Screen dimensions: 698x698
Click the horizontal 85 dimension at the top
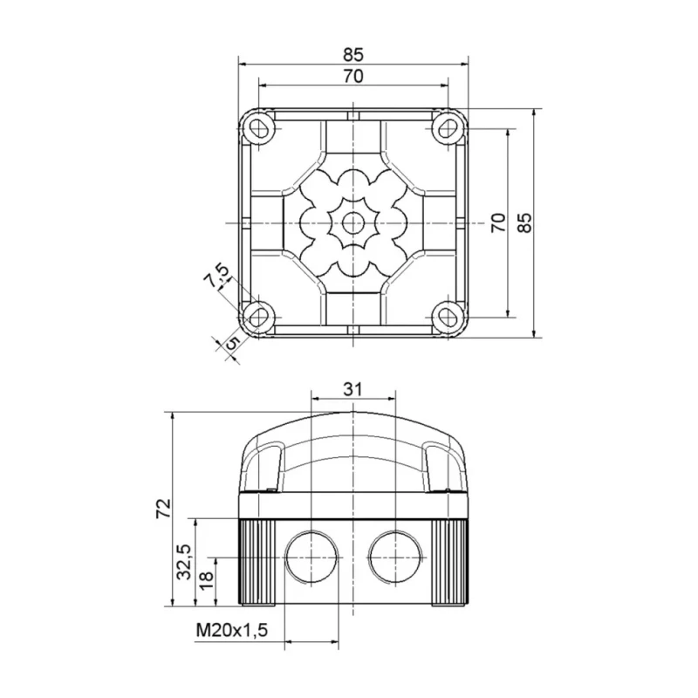pos(353,54)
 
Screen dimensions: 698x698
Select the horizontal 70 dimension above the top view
pos(353,77)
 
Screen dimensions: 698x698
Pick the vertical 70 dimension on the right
pos(498,222)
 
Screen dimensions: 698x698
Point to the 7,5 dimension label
pos(216,277)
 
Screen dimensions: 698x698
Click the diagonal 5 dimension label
pos(232,343)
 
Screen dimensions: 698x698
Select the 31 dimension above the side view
pos(353,389)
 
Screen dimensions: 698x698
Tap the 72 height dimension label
pos(164,508)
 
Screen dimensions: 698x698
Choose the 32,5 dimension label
pos(184,562)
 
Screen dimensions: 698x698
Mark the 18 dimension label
pos(207,581)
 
